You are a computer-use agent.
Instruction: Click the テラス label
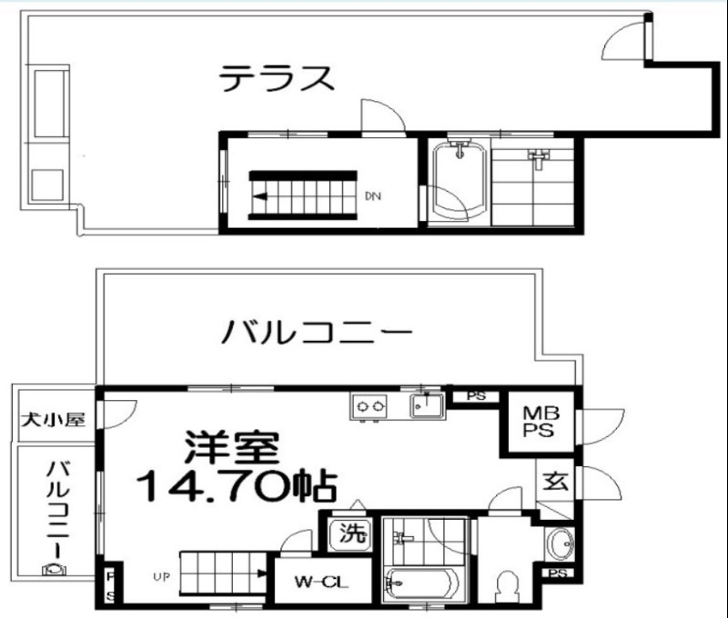coord(277,78)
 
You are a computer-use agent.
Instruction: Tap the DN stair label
coord(373,195)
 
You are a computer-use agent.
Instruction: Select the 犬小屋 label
coord(54,420)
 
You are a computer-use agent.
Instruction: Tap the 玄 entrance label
coord(556,483)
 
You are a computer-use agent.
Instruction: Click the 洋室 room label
coord(227,445)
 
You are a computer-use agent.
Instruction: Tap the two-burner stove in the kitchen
coord(369,406)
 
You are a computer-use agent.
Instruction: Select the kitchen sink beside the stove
coord(426,405)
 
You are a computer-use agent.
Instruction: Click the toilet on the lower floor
coord(507,583)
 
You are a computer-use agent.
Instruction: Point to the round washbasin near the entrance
coord(561,543)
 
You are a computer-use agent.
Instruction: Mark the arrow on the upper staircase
coord(260,195)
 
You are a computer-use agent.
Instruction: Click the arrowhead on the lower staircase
coord(261,573)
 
